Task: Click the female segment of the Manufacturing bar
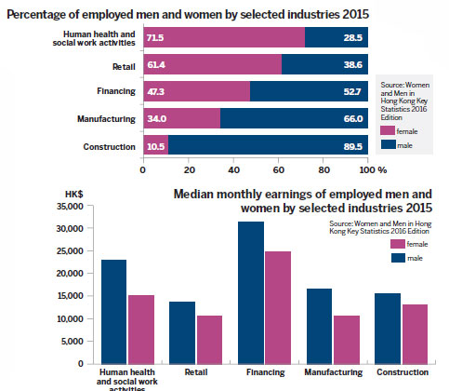pyautogui.click(x=180, y=119)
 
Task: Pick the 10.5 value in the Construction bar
pyautogui.click(x=154, y=146)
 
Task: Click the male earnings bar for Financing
pyautogui.click(x=251, y=292)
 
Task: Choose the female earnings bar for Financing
pyautogui.click(x=278, y=307)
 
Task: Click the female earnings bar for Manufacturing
pyautogui.click(x=346, y=339)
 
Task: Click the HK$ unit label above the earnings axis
pyautogui.click(x=75, y=193)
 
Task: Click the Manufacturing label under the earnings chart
pyautogui.click(x=332, y=371)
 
